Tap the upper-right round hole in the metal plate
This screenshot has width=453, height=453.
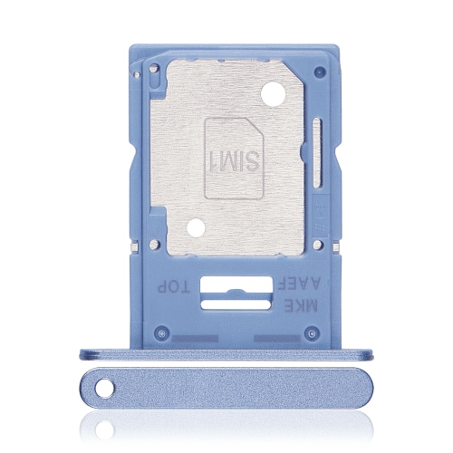[x=268, y=92]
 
